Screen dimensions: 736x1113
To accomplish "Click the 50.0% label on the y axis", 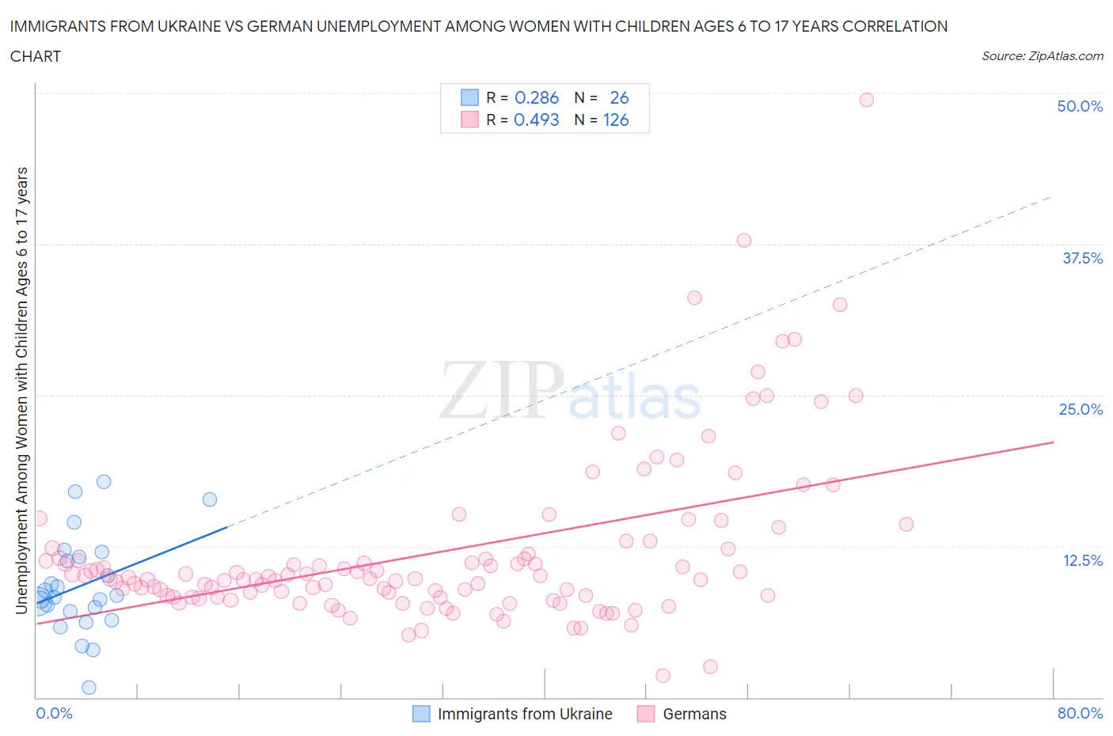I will click(x=1080, y=106).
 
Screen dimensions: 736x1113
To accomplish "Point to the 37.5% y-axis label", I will click(x=1081, y=258).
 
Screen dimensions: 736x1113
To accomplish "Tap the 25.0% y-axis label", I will click(x=1081, y=409).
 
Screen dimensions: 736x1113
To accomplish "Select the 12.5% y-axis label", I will click(x=1082, y=560).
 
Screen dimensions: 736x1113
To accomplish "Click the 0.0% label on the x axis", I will click(x=54, y=713).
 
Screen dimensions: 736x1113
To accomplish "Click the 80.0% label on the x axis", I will click(x=1080, y=713).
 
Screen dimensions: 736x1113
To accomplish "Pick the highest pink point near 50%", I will click(x=866, y=100).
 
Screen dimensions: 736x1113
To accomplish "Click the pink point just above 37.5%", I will click(x=743, y=241).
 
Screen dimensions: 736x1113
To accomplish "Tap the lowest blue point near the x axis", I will click(x=89, y=687).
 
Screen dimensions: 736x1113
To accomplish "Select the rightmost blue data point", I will click(x=210, y=499).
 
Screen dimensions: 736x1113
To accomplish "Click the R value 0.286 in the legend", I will click(x=536, y=97).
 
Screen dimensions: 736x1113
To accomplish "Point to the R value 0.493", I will click(x=536, y=120).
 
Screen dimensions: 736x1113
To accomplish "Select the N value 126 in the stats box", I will click(x=616, y=120).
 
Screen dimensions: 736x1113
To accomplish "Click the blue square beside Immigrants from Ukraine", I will click(x=421, y=714).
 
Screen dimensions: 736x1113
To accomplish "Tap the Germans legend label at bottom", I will click(x=694, y=714).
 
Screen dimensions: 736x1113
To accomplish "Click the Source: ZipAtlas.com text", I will click(x=1042, y=56).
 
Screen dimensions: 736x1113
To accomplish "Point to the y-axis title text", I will click(x=21, y=391).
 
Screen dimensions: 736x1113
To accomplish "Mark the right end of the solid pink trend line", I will click(x=1053, y=442).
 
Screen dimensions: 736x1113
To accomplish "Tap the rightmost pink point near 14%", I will click(x=906, y=524).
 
